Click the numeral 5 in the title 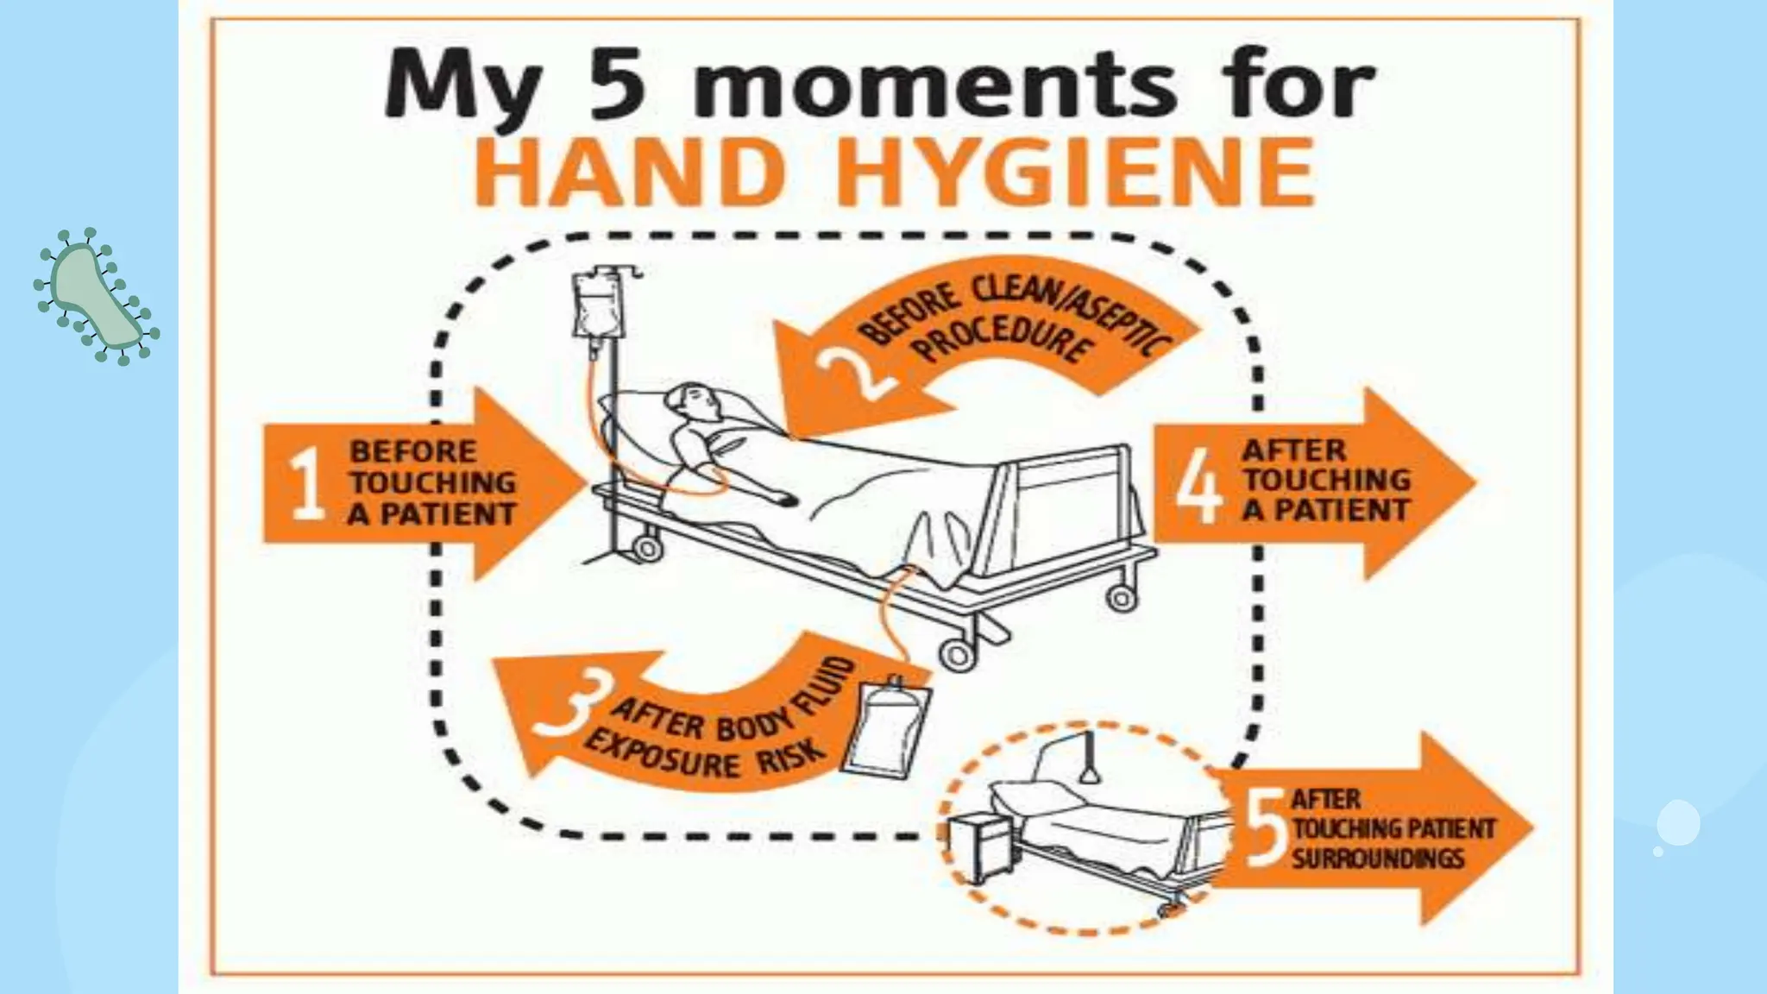click(x=617, y=85)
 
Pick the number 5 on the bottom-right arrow click(x=1267, y=830)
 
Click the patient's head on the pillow click(x=695, y=403)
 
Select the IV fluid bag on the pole click(x=595, y=307)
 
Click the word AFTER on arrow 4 click(x=1293, y=450)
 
